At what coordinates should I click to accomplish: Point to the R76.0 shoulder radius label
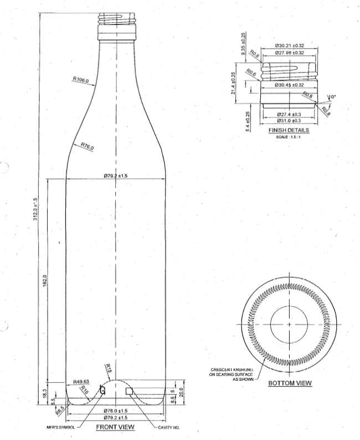click(x=87, y=146)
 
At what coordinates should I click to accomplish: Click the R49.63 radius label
click(x=81, y=382)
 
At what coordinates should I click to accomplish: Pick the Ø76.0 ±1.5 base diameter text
click(x=115, y=410)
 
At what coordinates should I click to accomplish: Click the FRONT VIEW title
click(x=116, y=427)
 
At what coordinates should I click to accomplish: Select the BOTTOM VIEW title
click(x=290, y=383)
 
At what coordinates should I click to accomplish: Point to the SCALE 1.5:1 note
click(x=287, y=136)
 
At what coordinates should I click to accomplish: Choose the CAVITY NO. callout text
click(x=169, y=428)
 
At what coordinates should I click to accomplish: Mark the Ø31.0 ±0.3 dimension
click(x=289, y=120)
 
